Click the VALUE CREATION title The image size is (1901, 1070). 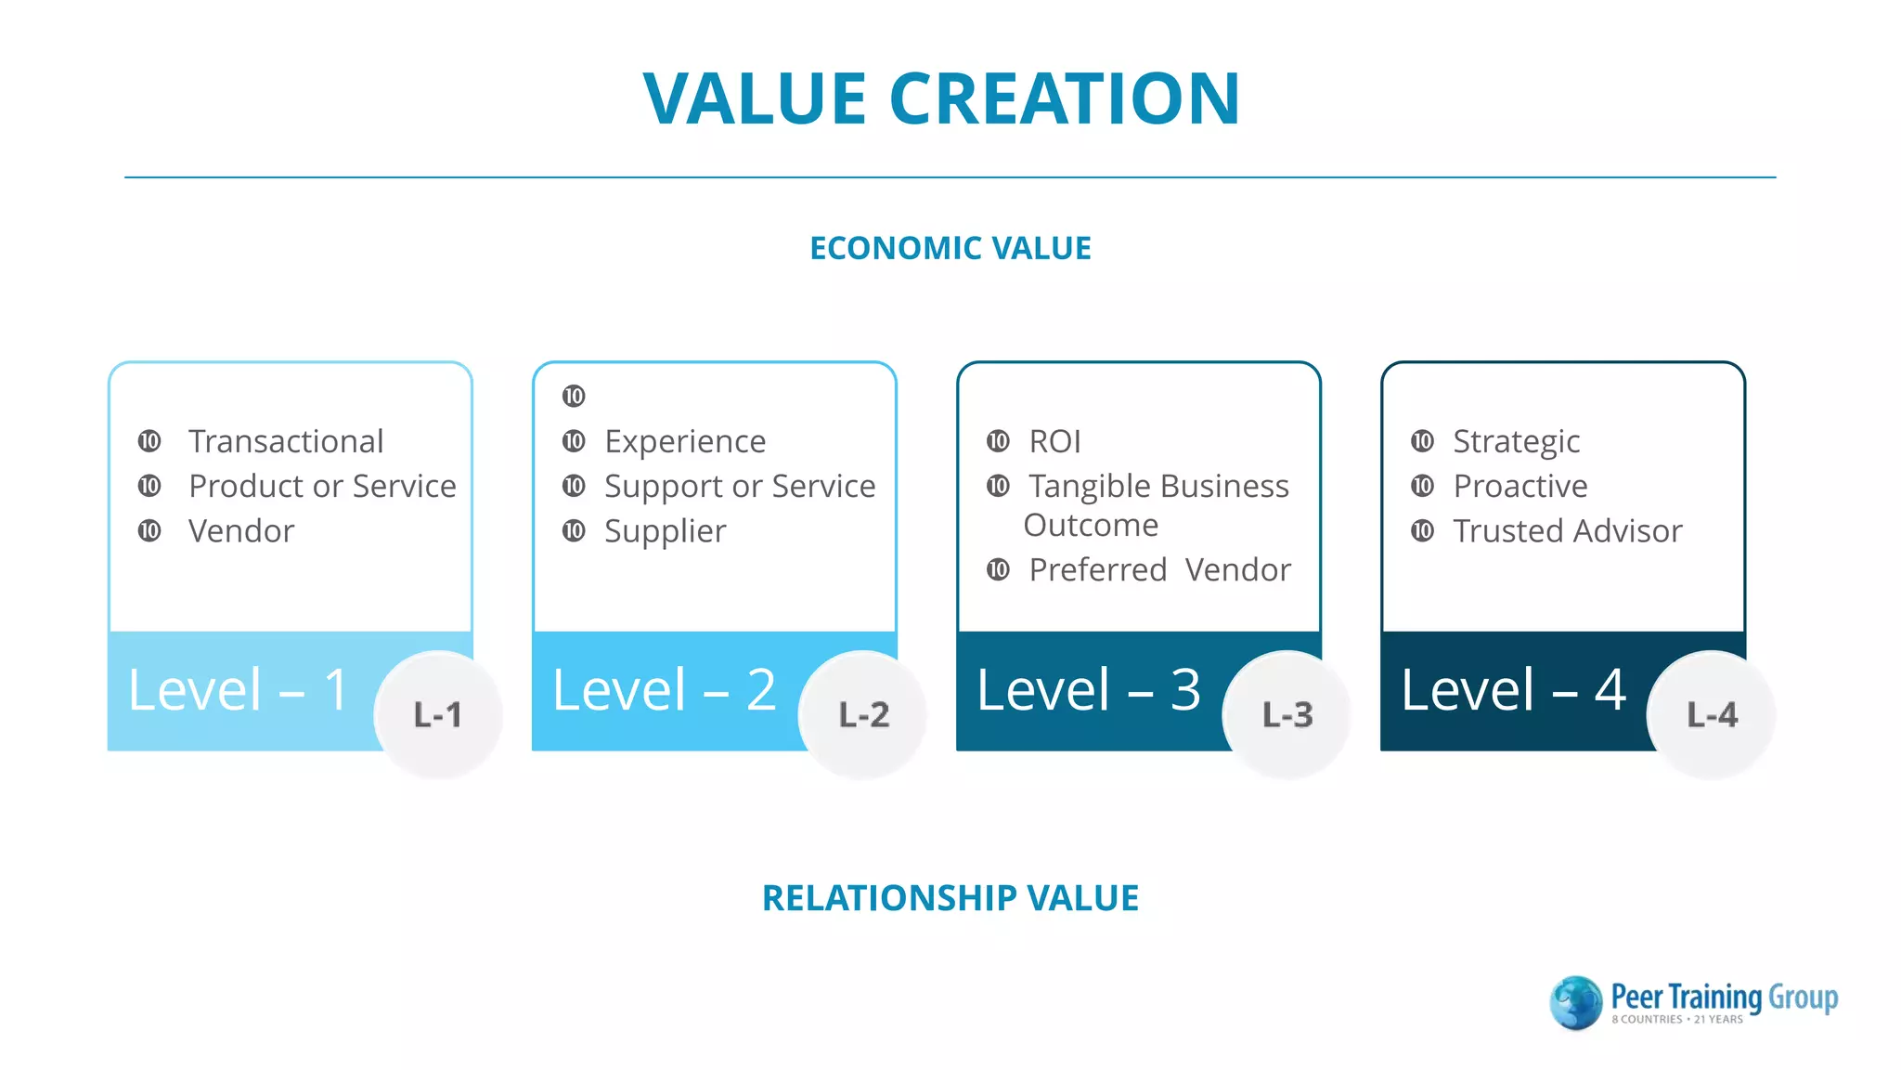click(x=941, y=98)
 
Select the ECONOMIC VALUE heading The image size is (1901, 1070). click(x=950, y=248)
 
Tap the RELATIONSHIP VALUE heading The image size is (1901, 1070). click(x=950, y=898)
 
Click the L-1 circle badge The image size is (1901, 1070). click(x=438, y=714)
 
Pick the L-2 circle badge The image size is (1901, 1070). click(x=863, y=714)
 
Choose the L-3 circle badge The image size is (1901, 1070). click(x=1287, y=714)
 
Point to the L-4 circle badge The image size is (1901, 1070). click(x=1712, y=714)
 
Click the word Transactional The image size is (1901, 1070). click(x=286, y=441)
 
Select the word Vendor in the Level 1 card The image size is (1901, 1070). click(x=241, y=531)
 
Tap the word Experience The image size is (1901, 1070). click(x=685, y=441)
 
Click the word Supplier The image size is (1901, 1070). click(x=665, y=531)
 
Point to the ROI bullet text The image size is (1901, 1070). click(x=1055, y=441)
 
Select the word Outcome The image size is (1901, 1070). click(x=1091, y=526)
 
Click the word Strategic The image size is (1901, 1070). click(x=1516, y=441)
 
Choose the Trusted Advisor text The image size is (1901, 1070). click(x=1567, y=531)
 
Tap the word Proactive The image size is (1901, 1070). click(x=1520, y=486)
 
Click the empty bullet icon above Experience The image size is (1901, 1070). click(x=574, y=397)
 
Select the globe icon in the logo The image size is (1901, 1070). click(x=1576, y=1003)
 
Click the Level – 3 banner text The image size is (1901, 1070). click(x=1089, y=690)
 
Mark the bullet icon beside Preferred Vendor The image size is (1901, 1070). click(x=998, y=569)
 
